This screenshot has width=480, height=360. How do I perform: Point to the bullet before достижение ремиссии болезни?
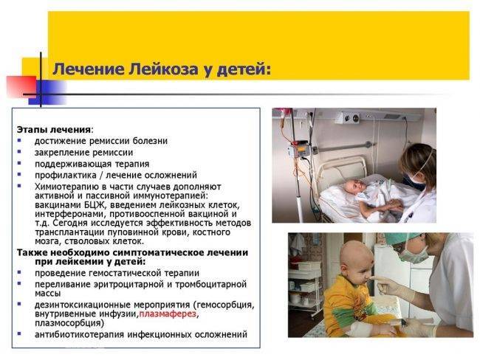pos(20,141)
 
